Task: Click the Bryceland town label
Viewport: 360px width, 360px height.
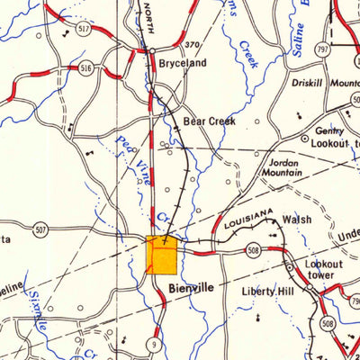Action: pos(183,63)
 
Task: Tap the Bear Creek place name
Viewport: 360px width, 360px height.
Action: pos(209,120)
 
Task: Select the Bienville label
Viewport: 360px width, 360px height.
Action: pos(191,288)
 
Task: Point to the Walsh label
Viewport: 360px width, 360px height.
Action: pos(297,219)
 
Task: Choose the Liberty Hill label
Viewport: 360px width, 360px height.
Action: pos(268,292)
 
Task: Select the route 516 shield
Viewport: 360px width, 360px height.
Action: pos(85,67)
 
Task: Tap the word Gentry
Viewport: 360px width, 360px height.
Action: pos(329,130)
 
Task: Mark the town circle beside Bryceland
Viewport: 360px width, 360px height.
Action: pos(152,51)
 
